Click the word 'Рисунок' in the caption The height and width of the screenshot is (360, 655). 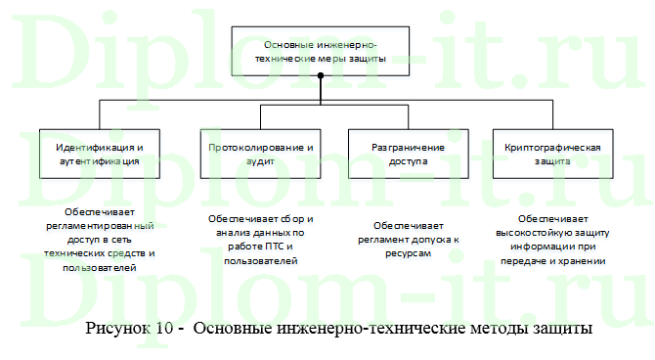click(x=117, y=329)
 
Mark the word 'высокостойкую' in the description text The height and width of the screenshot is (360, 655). click(x=543, y=221)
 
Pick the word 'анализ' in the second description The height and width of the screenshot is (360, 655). click(x=227, y=235)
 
